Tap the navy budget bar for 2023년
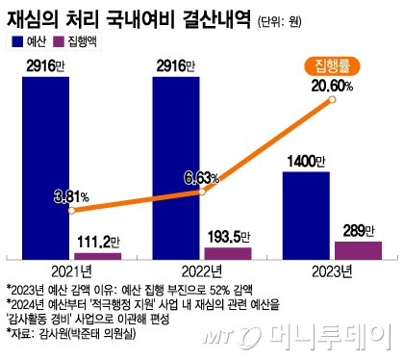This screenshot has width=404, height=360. click(306, 215)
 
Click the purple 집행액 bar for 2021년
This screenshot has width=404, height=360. click(98, 255)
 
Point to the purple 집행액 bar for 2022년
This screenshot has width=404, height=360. click(228, 252)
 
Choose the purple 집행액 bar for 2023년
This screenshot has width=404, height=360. click(358, 248)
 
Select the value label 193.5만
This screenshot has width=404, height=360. click(229, 235)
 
